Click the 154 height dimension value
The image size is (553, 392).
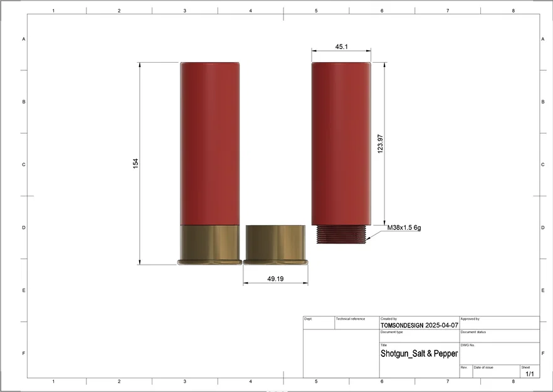pos(135,163)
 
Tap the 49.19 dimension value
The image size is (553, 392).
pos(275,278)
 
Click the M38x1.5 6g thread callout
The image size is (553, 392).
pos(404,227)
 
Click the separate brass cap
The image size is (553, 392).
pos(275,245)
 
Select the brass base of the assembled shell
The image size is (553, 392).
pos(209,245)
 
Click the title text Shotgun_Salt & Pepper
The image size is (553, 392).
pos(419,354)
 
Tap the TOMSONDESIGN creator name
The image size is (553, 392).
pos(402,326)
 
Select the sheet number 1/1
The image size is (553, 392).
pos(529,374)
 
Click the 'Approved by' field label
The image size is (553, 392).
pos(470,319)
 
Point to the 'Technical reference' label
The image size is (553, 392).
pos(350,319)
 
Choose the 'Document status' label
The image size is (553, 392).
pos(473,332)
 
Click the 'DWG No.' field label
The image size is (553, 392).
pos(468,345)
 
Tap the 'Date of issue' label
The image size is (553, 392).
pos(483,367)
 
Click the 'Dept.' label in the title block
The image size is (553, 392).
pos(308,319)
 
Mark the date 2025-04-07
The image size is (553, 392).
pos(441,326)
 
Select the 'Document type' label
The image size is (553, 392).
pos(392,332)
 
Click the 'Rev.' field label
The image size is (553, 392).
pos(464,367)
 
